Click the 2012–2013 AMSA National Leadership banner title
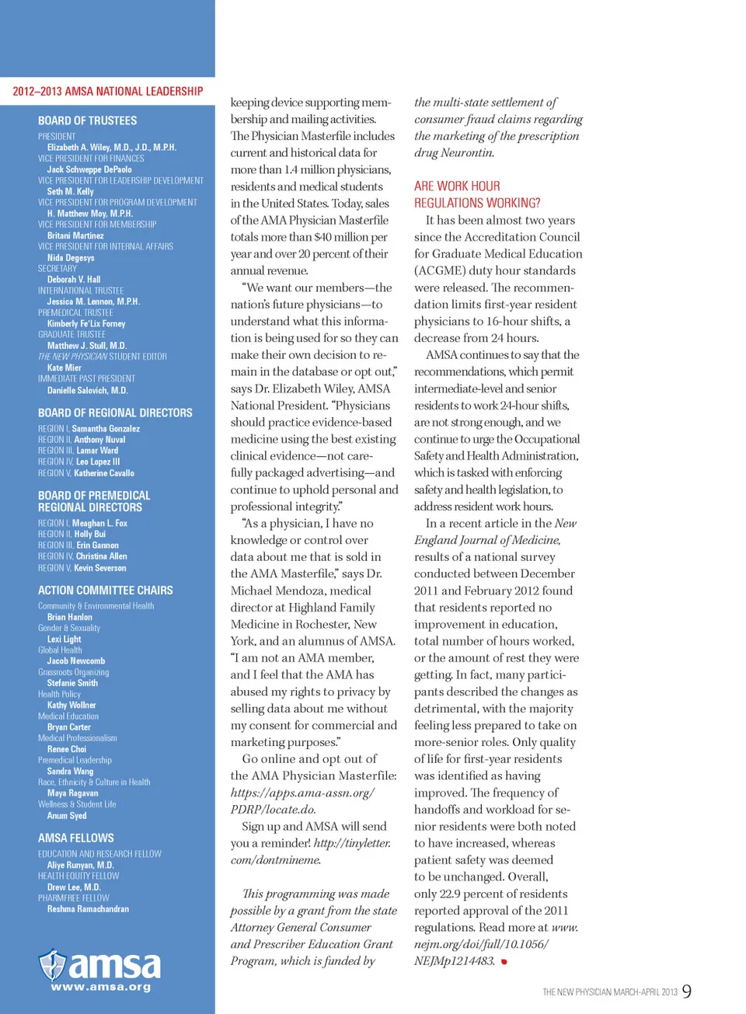(107, 92)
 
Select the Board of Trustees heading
(87, 121)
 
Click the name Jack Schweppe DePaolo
(89, 169)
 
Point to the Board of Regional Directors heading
(115, 413)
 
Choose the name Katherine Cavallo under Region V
(104, 473)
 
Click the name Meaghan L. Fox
(99, 524)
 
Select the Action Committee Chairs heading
(106, 591)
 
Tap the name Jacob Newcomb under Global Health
(76, 661)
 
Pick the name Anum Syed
(67, 816)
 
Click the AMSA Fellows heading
(76, 838)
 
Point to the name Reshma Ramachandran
(88, 909)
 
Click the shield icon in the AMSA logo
(53, 964)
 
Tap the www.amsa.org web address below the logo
(101, 988)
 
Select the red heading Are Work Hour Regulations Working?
(477, 194)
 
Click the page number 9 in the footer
(687, 991)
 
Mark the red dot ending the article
(504, 962)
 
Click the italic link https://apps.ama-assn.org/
(302, 793)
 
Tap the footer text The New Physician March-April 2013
(610, 992)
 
